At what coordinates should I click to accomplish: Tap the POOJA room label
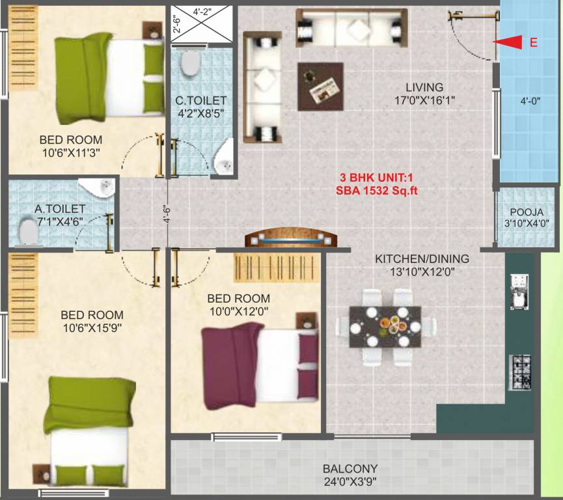[x=526, y=212]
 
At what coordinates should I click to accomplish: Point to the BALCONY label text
[x=350, y=469]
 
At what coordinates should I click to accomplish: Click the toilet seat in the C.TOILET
[x=191, y=64]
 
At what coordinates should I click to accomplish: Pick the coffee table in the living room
[x=320, y=86]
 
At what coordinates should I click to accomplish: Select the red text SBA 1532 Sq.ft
[x=377, y=190]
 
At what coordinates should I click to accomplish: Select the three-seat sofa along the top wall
[x=351, y=28]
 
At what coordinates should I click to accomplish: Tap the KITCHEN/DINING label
[x=422, y=258]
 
